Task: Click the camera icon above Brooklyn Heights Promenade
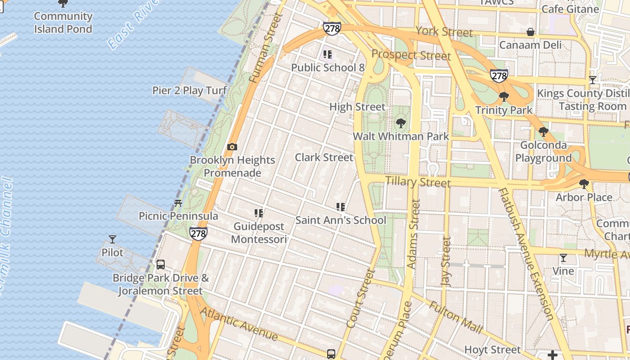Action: [232, 147]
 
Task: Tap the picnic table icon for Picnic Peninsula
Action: [178, 203]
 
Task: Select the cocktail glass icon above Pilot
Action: [112, 239]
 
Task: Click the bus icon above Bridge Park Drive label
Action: [161, 265]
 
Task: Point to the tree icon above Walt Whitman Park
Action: [400, 123]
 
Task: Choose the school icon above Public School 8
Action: [328, 54]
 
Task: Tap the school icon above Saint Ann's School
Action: [341, 207]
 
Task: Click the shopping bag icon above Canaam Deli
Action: [531, 32]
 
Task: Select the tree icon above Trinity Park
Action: [504, 97]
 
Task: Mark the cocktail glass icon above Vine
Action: [563, 258]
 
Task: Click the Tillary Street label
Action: [418, 182]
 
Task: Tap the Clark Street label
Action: [324, 157]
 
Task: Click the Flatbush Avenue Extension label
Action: [525, 254]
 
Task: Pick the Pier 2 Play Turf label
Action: [189, 90]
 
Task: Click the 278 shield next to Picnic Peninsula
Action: [198, 233]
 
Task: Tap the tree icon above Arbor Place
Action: [584, 184]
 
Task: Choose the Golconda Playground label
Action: [543, 152]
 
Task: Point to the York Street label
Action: [444, 31]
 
